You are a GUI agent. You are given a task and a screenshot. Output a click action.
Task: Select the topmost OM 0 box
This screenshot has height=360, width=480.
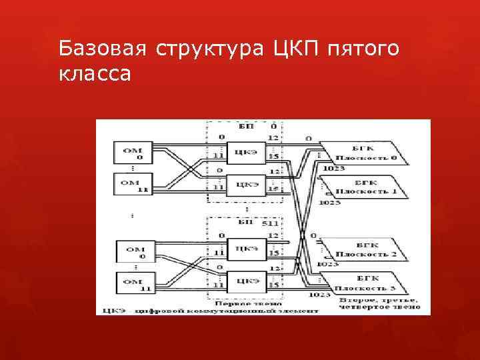(x=132, y=153)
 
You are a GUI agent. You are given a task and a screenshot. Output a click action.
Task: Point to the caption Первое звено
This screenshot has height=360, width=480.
(x=243, y=301)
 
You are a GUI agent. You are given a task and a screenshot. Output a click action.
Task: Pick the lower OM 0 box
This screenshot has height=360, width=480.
(x=133, y=252)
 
